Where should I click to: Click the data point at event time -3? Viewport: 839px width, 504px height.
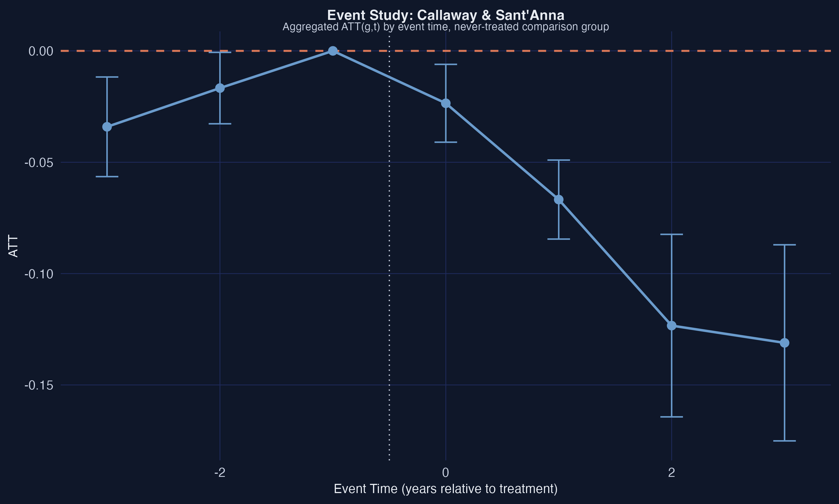[x=107, y=127]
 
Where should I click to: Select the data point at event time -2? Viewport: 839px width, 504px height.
[x=220, y=88]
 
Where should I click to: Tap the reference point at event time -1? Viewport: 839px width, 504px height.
[x=333, y=51]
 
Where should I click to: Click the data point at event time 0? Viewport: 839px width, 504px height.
[x=446, y=103]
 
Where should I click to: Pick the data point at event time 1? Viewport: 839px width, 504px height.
[x=558, y=199]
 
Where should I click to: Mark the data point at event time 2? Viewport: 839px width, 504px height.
[x=671, y=326]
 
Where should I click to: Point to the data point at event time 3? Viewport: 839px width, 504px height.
[x=784, y=343]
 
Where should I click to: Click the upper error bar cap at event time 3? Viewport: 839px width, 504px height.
[x=784, y=244]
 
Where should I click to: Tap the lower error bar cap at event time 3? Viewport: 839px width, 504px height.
[x=784, y=441]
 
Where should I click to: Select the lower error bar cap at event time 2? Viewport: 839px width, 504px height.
[x=671, y=417]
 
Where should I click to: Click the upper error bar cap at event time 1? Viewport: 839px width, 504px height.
[x=558, y=160]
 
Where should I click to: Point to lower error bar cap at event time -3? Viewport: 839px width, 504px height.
[x=107, y=177]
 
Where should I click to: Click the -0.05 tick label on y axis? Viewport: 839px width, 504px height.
[x=39, y=163]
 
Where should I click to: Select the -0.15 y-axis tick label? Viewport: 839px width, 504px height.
[x=39, y=386]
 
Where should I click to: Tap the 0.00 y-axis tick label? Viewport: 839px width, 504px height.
[x=41, y=51]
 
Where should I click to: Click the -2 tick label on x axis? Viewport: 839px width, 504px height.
[x=220, y=472]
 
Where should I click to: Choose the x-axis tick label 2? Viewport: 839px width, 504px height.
[x=671, y=472]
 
